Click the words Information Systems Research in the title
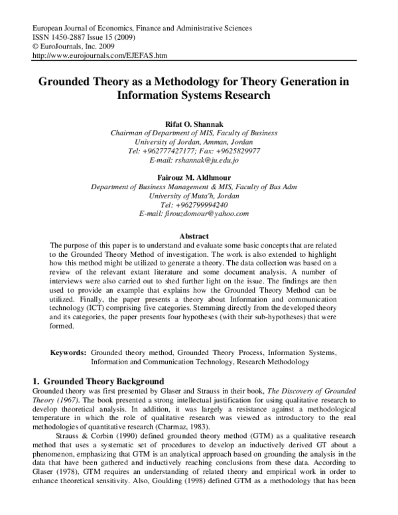pyautogui.click(x=194, y=95)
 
